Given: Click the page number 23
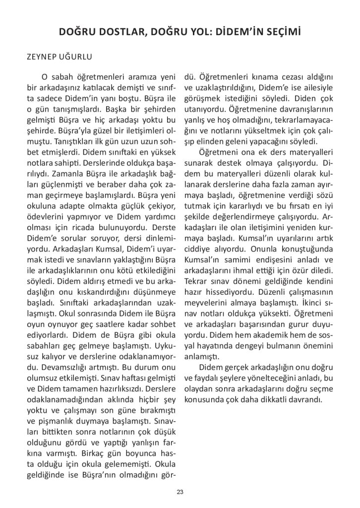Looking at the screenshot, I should [180, 492].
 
